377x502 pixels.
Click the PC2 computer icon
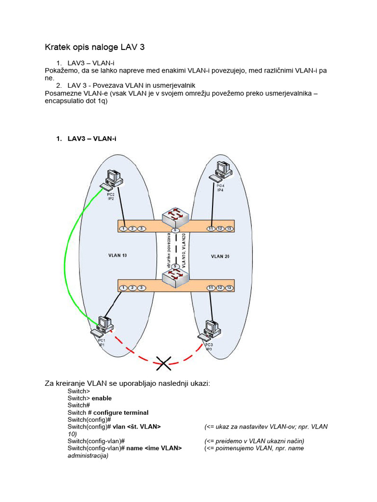click(x=112, y=179)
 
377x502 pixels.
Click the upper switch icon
click(x=176, y=216)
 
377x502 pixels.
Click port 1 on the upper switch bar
click(x=124, y=228)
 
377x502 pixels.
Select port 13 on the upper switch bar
click(x=229, y=228)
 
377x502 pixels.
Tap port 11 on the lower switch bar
click(x=211, y=288)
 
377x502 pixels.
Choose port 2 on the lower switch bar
click(x=133, y=288)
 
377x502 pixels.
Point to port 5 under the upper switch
click(x=175, y=230)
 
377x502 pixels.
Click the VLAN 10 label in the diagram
click(x=117, y=255)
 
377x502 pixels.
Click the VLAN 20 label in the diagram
click(x=220, y=256)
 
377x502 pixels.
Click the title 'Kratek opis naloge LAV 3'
click(x=95, y=47)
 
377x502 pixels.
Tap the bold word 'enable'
click(x=102, y=398)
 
